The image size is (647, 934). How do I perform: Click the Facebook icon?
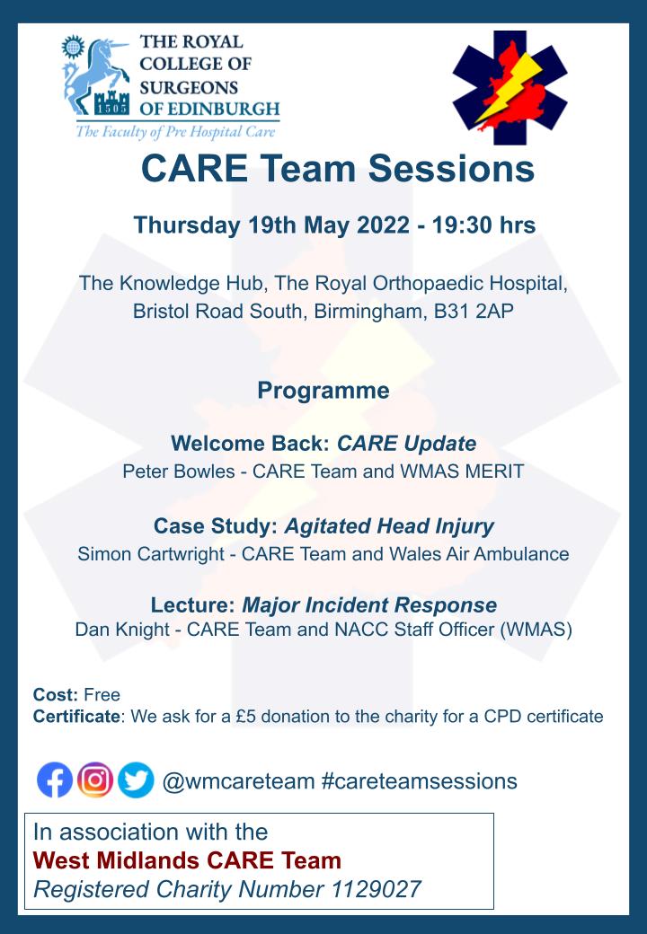pos(55,780)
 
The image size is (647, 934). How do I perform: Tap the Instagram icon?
pos(95,780)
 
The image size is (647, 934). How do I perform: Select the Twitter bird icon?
pos(136,780)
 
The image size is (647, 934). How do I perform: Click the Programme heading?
pos(323,391)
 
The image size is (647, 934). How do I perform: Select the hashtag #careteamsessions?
pos(419,780)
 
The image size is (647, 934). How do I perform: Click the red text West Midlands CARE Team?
pos(187,860)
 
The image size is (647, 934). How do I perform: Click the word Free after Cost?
pos(102,694)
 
